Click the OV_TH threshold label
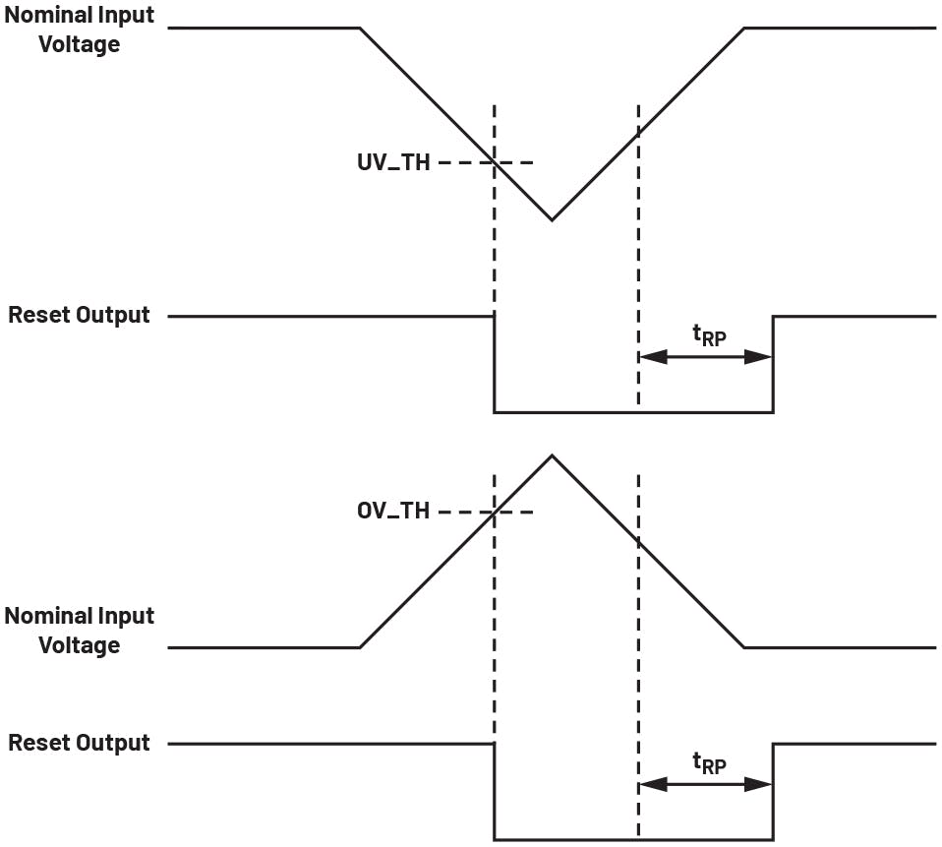point(393,513)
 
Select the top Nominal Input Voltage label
point(80,30)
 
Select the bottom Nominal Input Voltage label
point(80,631)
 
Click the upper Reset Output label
point(80,316)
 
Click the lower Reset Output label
point(80,743)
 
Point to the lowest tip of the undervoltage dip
point(552,219)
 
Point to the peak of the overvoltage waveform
point(552,455)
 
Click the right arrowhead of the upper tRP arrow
point(760,357)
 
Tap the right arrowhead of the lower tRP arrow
point(760,784)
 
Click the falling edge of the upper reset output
point(495,364)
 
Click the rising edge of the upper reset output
point(773,364)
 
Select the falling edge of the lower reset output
point(495,792)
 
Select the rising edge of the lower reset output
point(773,792)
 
